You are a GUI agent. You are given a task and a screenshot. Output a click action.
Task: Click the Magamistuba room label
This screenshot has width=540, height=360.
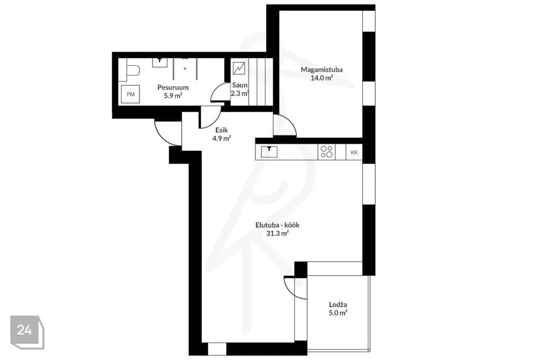tap(322, 70)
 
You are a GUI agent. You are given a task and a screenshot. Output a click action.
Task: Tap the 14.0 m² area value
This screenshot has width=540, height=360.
tap(322, 78)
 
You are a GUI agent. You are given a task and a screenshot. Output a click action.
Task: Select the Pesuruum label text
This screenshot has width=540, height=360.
tap(173, 88)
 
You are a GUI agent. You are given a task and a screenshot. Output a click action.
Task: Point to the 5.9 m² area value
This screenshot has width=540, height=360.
tap(173, 96)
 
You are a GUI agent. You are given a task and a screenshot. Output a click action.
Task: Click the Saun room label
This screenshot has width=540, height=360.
tap(240, 85)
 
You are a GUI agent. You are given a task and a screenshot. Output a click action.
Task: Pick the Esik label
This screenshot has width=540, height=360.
tap(222, 130)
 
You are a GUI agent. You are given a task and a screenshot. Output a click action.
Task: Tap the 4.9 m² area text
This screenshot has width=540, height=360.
tap(222, 138)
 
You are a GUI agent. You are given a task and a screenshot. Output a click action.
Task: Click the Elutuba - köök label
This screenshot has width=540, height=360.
tap(277, 226)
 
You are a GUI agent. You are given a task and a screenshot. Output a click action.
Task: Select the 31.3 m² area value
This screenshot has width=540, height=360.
tap(277, 233)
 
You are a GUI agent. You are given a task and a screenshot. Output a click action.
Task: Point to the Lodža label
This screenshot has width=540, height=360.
tap(338, 304)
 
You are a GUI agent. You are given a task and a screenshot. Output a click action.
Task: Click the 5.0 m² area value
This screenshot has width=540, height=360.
tap(338, 313)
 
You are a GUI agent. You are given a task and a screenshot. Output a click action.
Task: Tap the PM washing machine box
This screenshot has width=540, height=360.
tap(130, 94)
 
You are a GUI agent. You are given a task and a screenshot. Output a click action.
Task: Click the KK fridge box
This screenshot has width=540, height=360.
tap(354, 152)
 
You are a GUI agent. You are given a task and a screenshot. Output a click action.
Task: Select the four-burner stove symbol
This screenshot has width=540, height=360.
tap(327, 152)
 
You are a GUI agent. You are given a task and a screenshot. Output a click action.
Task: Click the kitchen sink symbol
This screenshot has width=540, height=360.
tap(269, 152)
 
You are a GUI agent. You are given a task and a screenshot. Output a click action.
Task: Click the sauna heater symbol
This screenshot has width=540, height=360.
tap(238, 68)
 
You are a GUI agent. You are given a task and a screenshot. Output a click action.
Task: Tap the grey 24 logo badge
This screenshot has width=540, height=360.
tap(27, 332)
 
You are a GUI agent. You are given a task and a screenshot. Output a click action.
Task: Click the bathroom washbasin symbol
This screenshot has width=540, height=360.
tap(160, 62)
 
